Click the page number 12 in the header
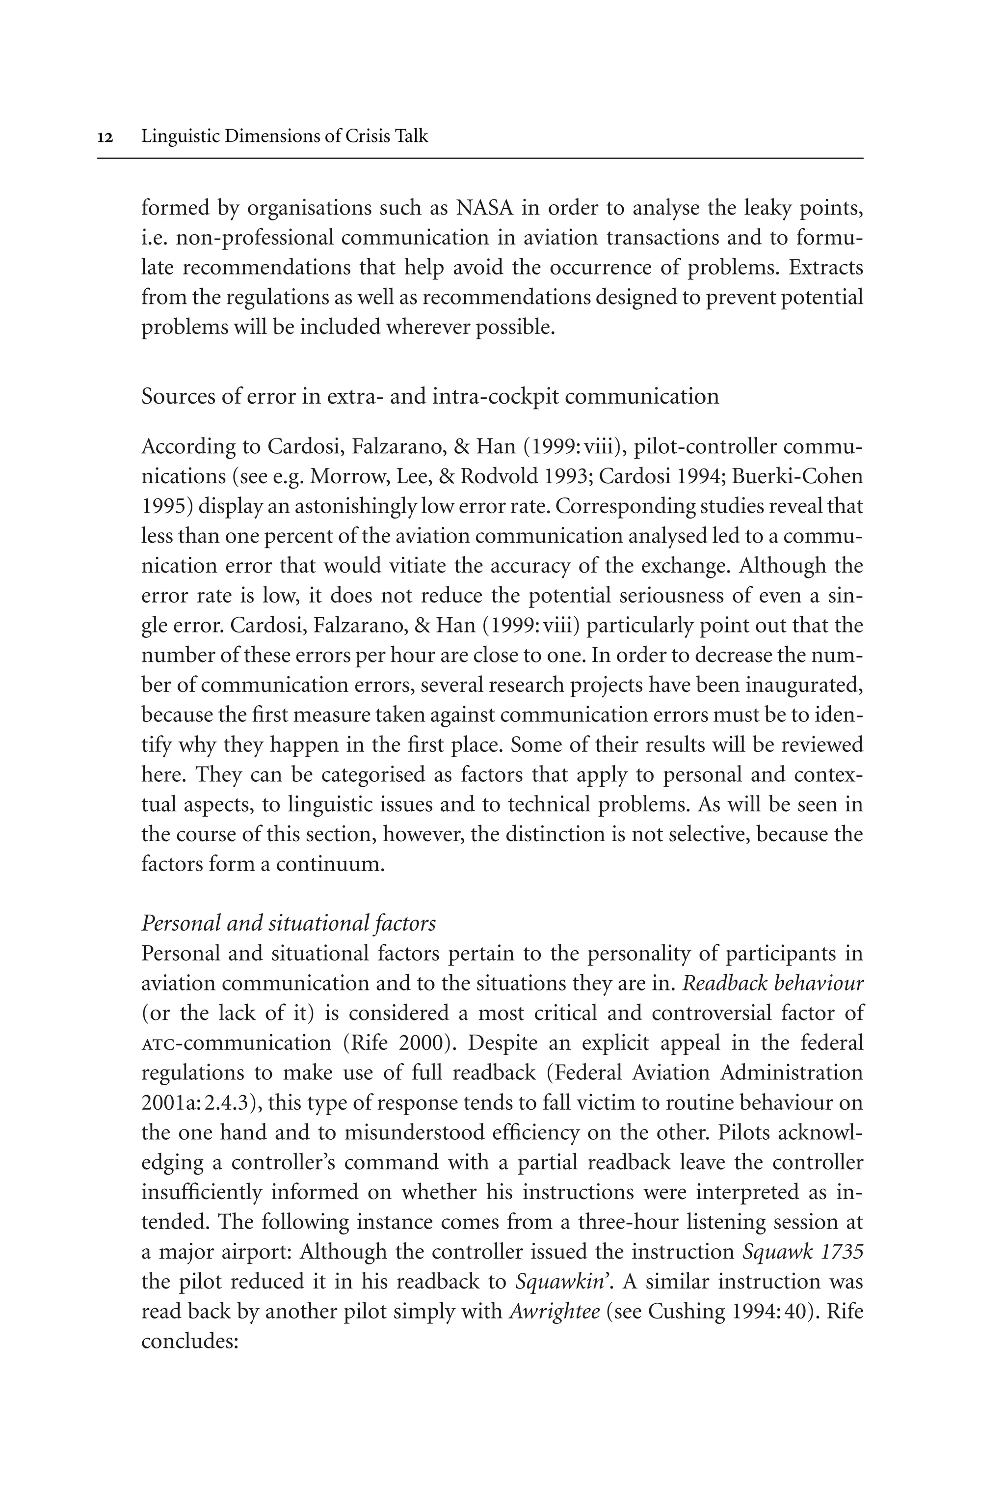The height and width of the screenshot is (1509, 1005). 105,137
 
